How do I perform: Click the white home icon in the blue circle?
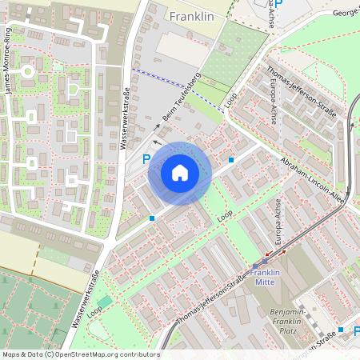180,172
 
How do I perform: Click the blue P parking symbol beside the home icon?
146,160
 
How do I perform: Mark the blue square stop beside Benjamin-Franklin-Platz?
341,330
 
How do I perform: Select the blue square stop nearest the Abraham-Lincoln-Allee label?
231,160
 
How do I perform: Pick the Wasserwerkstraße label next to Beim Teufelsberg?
124,120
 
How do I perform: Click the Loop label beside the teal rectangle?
95,309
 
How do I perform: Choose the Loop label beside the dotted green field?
232,102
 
